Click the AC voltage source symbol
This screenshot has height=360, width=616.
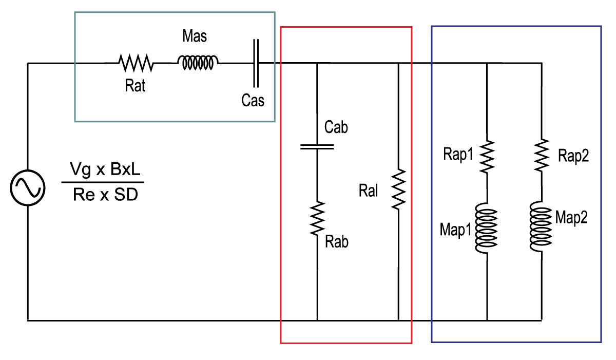pos(28,188)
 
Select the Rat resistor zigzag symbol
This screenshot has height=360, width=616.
pos(136,63)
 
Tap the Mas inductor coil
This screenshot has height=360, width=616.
pos(198,63)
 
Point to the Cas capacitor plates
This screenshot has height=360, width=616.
pos(256,63)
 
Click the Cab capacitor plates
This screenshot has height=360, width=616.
pos(317,147)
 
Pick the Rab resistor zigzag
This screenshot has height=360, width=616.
pos(317,218)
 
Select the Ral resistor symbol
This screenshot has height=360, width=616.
pos(398,189)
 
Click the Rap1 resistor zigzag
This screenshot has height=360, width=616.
pos(487,157)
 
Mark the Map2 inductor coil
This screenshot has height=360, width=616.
pos(541,226)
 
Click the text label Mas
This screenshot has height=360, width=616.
pos(195,36)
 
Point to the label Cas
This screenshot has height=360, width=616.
pos(253,100)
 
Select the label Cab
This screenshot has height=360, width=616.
pos(336,127)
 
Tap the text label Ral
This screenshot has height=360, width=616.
pos(368,191)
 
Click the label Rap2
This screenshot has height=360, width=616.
pos(573,156)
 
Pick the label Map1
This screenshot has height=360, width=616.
pos(456,230)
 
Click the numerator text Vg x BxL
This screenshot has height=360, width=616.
pos(105,169)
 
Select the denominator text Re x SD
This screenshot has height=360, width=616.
pos(105,195)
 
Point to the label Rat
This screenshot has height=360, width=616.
pos(135,85)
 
